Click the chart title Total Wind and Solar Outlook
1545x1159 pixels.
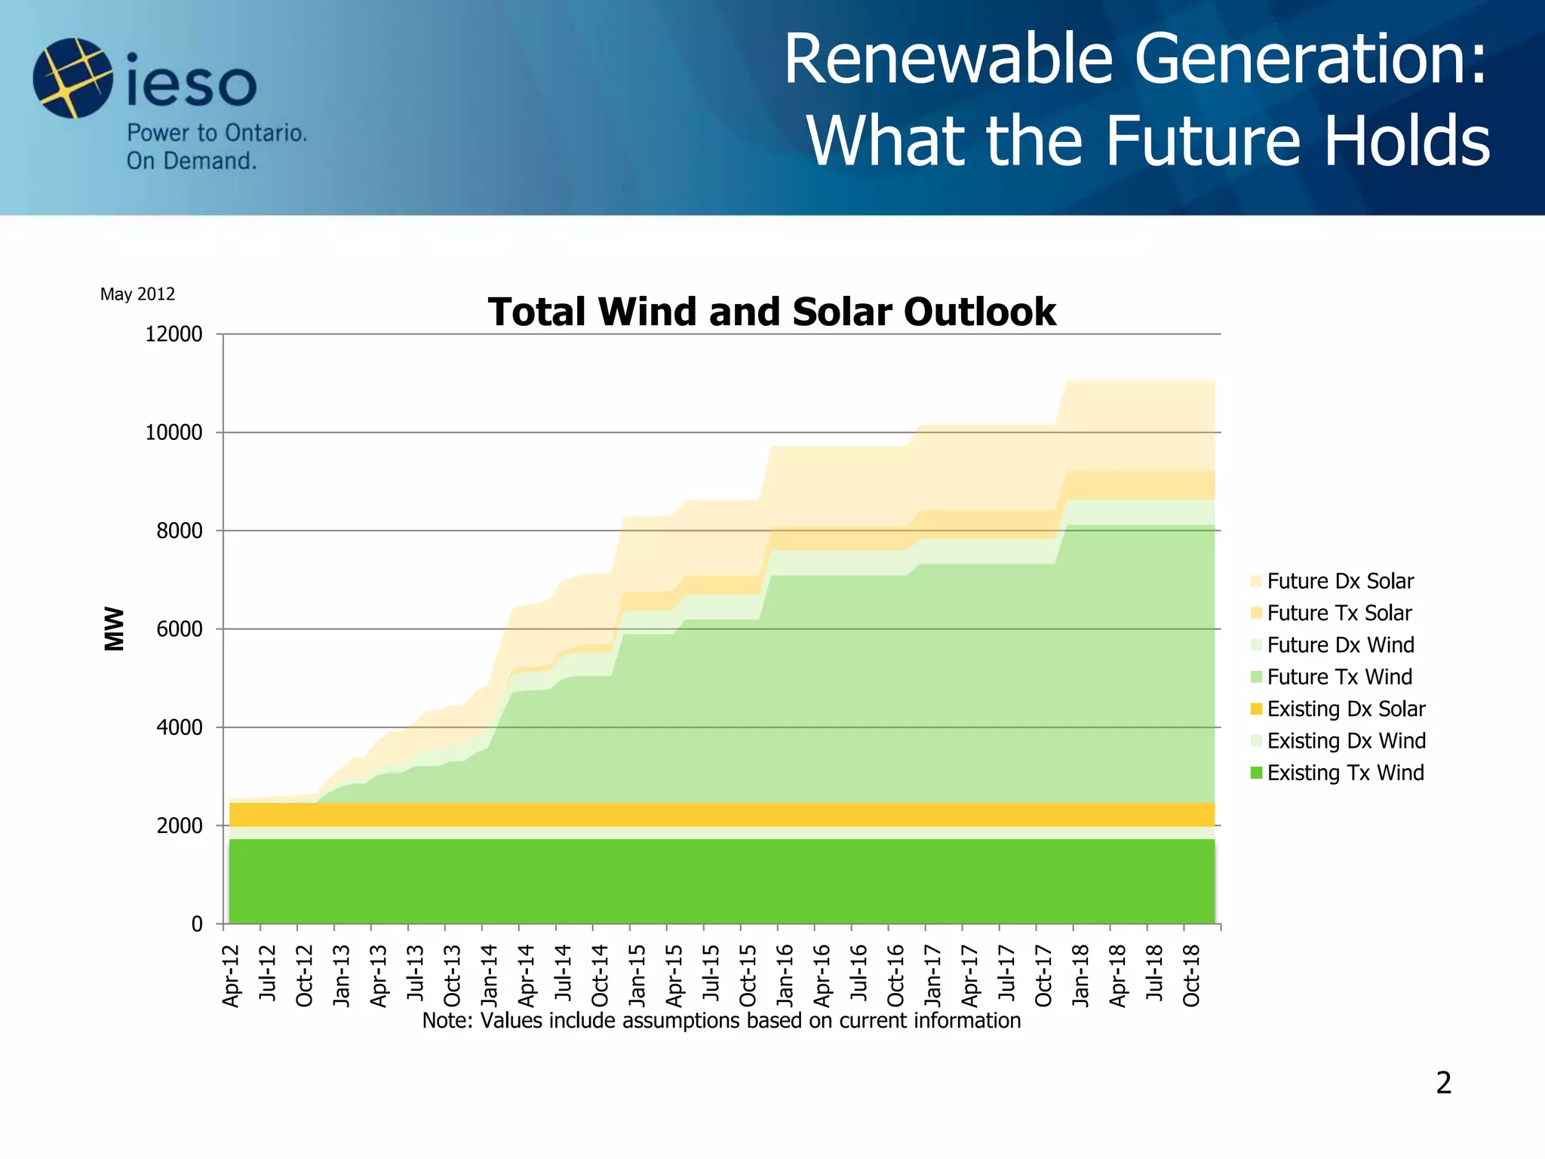click(771, 312)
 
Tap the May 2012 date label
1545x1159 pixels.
click(137, 294)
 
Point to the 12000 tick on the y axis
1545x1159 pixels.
click(174, 334)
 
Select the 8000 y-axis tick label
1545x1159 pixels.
click(180, 531)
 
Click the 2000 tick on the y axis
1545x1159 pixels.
click(180, 826)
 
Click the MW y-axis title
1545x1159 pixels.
click(114, 629)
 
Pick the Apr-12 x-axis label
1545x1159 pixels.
click(232, 975)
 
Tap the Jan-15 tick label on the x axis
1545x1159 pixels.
click(637, 975)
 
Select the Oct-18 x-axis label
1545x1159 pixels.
click(1191, 975)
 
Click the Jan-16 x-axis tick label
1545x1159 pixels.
click(785, 975)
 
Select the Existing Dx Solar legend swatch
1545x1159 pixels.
click(1256, 709)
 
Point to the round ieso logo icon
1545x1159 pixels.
click(72, 78)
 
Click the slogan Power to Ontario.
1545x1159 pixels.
click(217, 134)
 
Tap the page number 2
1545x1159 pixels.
click(1443, 1083)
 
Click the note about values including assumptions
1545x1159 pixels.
click(721, 1021)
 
